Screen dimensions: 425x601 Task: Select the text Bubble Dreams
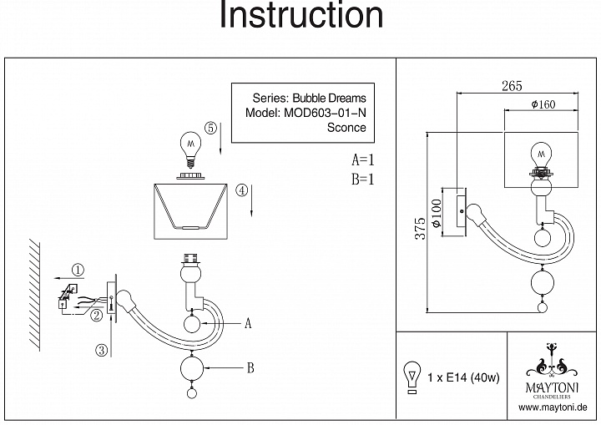329,98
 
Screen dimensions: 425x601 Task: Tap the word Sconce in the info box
346,128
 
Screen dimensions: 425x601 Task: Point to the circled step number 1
77,270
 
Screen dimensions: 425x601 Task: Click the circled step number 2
97,315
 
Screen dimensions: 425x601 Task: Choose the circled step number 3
101,351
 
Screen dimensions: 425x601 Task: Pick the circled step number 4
240,190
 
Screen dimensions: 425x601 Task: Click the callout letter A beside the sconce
247,324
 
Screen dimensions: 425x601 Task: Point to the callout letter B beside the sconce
250,367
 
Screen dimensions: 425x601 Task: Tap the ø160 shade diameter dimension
543,104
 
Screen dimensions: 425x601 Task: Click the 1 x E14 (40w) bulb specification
462,377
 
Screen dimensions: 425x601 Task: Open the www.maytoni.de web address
554,408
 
